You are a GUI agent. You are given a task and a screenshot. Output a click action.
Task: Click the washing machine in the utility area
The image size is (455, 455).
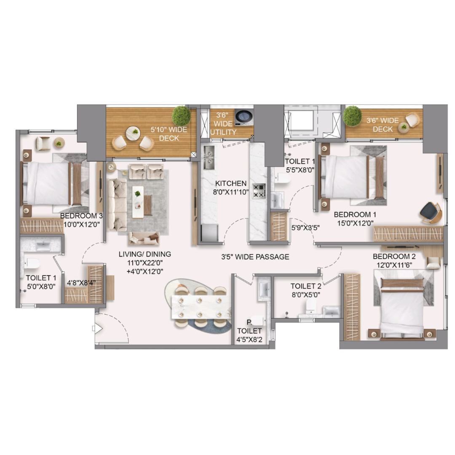click(x=244, y=117)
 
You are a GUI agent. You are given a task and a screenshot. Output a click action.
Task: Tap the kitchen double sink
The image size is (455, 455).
click(x=209, y=158)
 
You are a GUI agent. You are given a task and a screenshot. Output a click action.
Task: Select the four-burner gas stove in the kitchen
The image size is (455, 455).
click(x=259, y=191)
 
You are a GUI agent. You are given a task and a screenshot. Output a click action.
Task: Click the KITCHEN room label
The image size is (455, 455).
click(x=231, y=183)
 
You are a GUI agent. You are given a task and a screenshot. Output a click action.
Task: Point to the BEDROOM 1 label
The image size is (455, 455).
click(x=355, y=214)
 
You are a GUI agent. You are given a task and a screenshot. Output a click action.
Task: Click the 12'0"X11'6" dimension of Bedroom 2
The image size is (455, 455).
click(x=394, y=265)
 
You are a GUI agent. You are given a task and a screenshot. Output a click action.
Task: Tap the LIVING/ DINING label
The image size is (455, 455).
click(x=145, y=254)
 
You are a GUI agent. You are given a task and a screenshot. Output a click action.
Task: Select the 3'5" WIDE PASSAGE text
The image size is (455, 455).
click(x=255, y=257)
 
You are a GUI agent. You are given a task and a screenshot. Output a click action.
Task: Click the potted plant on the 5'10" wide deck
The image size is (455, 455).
click(x=181, y=115)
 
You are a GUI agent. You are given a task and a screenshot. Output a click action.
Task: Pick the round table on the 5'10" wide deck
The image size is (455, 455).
click(x=133, y=134)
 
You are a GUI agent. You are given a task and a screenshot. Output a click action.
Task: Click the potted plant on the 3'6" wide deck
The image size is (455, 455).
click(x=352, y=116)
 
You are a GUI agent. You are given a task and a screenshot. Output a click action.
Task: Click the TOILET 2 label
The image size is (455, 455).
click(x=306, y=286)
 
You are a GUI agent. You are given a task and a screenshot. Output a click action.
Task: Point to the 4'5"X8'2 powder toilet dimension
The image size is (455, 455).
click(x=249, y=340)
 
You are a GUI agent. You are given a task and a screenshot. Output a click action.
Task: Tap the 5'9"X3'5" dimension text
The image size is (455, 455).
click(x=305, y=228)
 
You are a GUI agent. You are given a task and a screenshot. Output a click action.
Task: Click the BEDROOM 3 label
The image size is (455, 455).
click(x=81, y=216)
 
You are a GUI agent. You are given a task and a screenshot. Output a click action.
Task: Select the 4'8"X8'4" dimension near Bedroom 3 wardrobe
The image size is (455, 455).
click(x=81, y=283)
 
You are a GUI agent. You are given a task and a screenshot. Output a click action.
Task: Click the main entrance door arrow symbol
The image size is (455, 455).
click(x=98, y=329)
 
